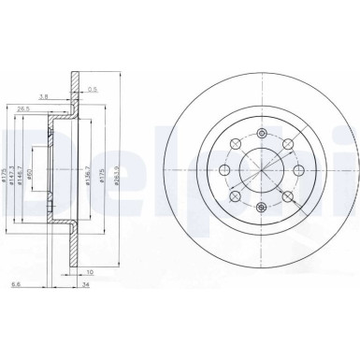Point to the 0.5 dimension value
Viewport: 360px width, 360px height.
pyautogui.click(x=94, y=90)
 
